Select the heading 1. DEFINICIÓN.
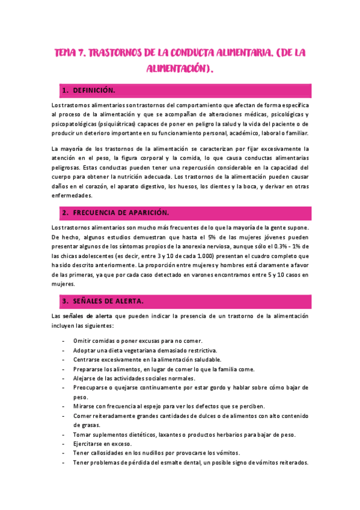click(93, 90)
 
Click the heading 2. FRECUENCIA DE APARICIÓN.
click(120, 213)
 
